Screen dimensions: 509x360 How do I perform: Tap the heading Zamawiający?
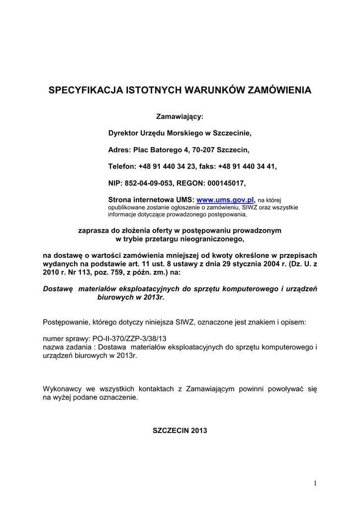click(180, 117)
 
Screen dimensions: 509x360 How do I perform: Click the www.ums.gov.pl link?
click(226, 199)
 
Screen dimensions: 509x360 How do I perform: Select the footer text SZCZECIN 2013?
click(180, 430)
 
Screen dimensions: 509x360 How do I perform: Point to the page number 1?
click(315, 484)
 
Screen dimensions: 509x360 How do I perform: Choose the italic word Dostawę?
click(58, 289)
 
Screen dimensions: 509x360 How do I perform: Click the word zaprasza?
click(93, 231)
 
